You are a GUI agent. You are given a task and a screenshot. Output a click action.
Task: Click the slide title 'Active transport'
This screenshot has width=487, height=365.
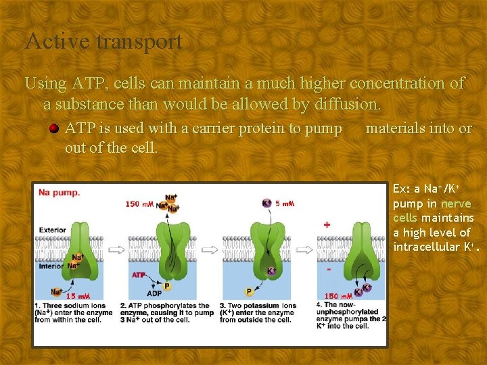point(103,42)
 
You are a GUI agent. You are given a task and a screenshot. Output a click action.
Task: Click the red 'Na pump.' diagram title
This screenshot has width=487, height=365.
point(59,193)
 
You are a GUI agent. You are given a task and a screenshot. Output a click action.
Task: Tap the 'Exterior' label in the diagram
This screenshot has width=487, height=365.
point(53,230)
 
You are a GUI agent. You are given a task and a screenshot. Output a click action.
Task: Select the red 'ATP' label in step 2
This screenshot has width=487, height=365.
point(139,275)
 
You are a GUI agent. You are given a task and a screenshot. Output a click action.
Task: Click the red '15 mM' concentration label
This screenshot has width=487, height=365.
point(78,296)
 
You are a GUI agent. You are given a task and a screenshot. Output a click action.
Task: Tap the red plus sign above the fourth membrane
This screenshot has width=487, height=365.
point(327,224)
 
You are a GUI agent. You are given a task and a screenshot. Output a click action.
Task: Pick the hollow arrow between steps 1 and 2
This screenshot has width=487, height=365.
point(116,249)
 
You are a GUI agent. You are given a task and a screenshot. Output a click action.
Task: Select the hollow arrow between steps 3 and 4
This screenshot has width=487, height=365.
point(305,249)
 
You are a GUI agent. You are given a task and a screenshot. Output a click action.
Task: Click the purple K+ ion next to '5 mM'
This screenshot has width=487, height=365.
point(266,203)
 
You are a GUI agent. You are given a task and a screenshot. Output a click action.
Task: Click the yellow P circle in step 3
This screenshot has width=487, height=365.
point(249,292)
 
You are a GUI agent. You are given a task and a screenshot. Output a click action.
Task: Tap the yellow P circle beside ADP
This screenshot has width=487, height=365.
point(166,286)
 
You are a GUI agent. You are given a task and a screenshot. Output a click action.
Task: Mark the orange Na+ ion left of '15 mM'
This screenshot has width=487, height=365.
point(56,292)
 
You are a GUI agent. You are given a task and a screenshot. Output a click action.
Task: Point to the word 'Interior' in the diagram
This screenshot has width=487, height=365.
point(51,265)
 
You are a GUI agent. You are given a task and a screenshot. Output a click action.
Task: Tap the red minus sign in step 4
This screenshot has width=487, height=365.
point(329,269)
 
